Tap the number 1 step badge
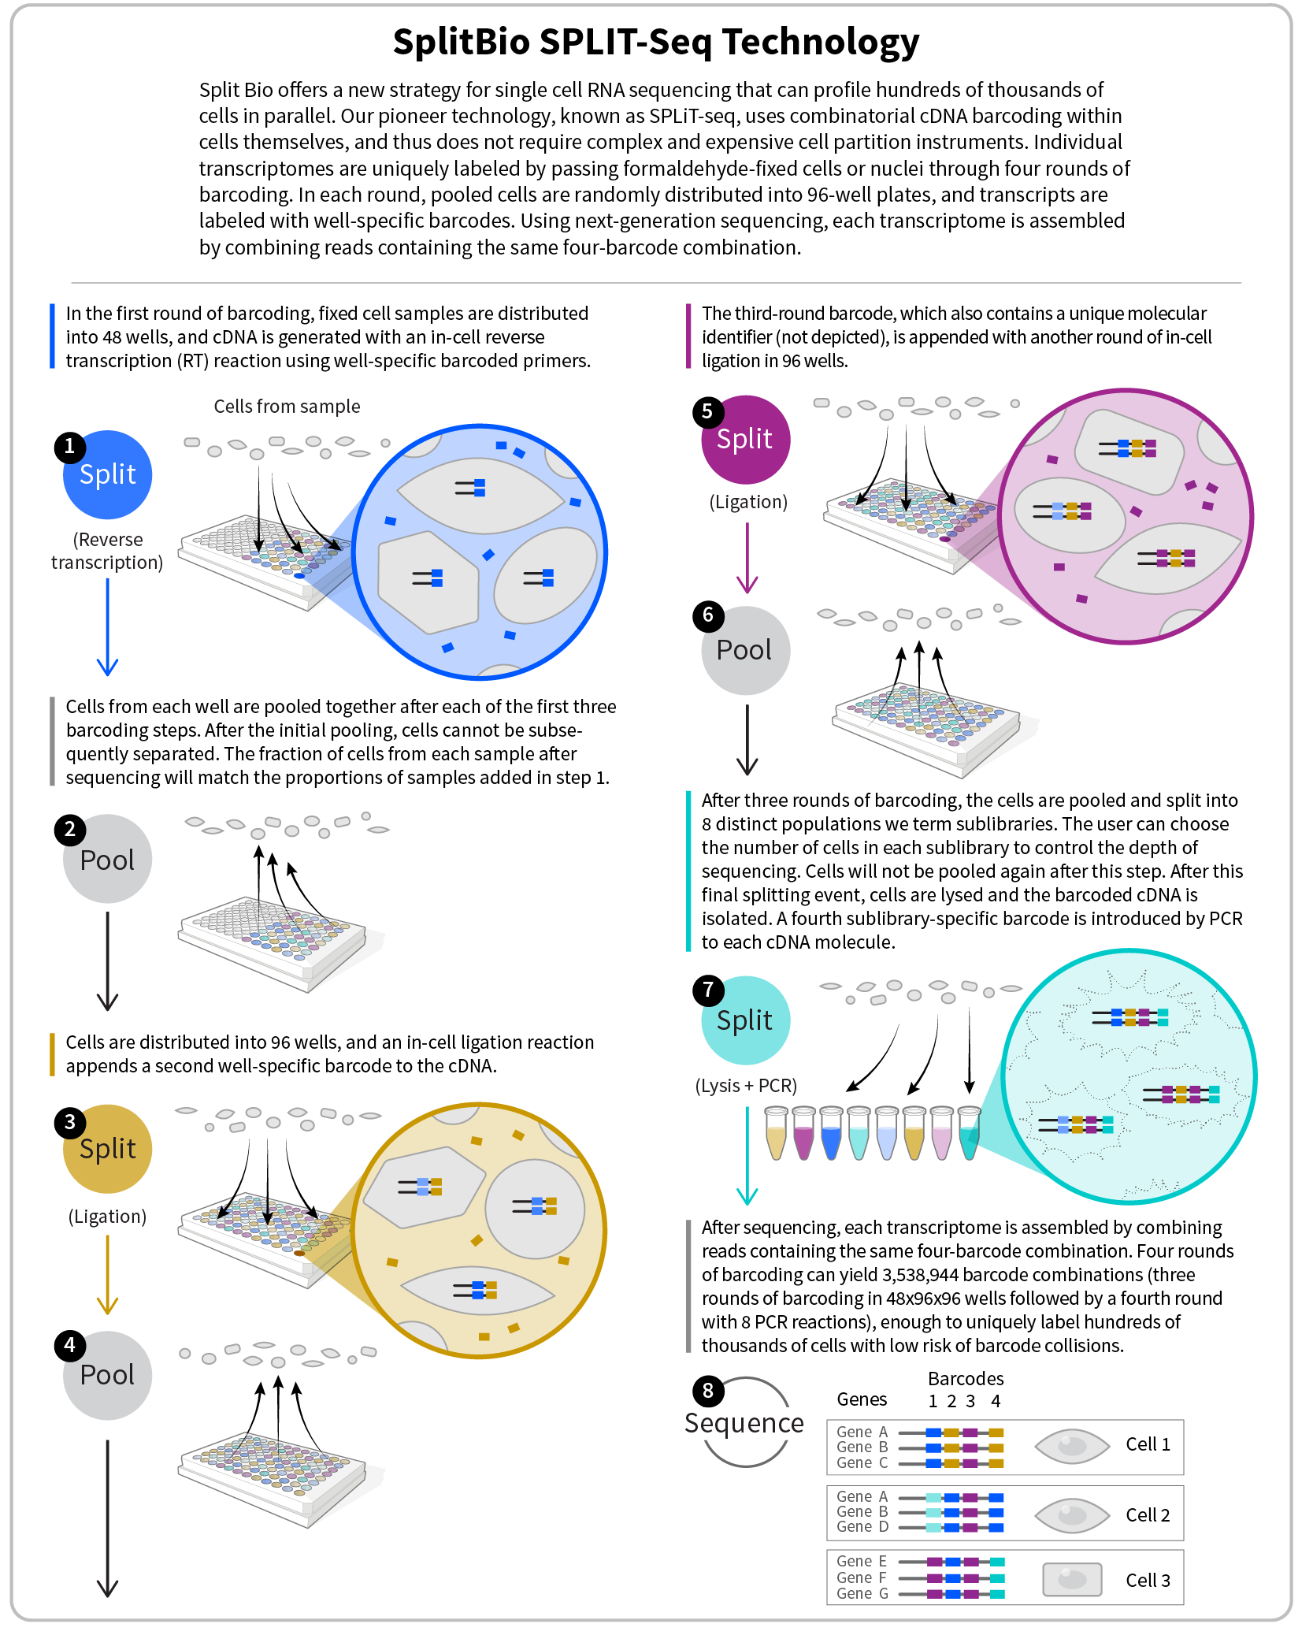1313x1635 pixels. [x=69, y=447]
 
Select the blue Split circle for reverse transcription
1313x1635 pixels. [x=108, y=476]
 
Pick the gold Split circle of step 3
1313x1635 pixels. [x=108, y=1150]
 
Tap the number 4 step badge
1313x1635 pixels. [x=69, y=1345]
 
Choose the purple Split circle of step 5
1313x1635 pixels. [x=745, y=440]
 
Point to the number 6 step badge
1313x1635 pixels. [x=707, y=615]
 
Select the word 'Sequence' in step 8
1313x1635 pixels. [x=744, y=1423]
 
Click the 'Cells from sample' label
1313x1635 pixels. [x=287, y=407]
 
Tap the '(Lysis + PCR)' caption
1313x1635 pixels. [x=745, y=1086]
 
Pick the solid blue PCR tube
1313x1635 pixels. [x=831, y=1135]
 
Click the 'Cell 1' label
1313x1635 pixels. [x=1148, y=1444]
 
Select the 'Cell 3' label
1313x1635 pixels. [x=1148, y=1580]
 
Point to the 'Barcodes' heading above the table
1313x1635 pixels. [x=966, y=1379]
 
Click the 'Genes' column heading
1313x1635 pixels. [x=862, y=1399]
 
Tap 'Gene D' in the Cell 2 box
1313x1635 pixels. [x=862, y=1527]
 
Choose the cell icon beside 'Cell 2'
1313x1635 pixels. [x=1071, y=1514]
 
